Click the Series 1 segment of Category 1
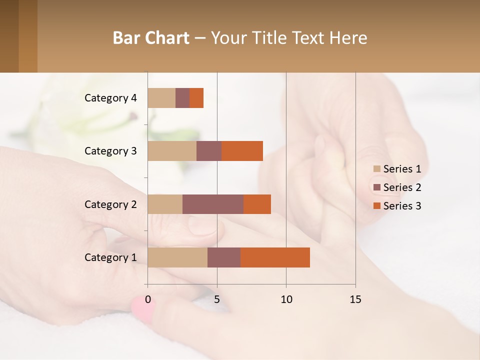pyautogui.click(x=177, y=257)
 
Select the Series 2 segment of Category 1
pyautogui.click(x=224, y=257)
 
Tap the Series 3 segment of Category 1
pyautogui.click(x=275, y=257)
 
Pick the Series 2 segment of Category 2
pyautogui.click(x=213, y=204)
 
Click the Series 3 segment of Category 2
pyautogui.click(x=257, y=204)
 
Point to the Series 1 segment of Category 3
pyautogui.click(x=172, y=151)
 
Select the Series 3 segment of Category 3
pyautogui.click(x=242, y=151)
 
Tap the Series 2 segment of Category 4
pyautogui.click(x=182, y=98)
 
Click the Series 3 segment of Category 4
pyautogui.click(x=196, y=98)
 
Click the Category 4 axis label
pyautogui.click(x=110, y=98)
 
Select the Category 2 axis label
pyautogui.click(x=110, y=204)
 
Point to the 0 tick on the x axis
pyautogui.click(x=148, y=299)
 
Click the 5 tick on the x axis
pyautogui.click(x=217, y=299)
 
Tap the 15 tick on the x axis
pyautogui.click(x=355, y=299)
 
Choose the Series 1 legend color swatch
pyautogui.click(x=377, y=169)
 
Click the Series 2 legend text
pyautogui.click(x=402, y=187)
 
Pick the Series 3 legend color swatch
pyautogui.click(x=377, y=206)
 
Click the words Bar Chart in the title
pyautogui.click(x=151, y=37)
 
